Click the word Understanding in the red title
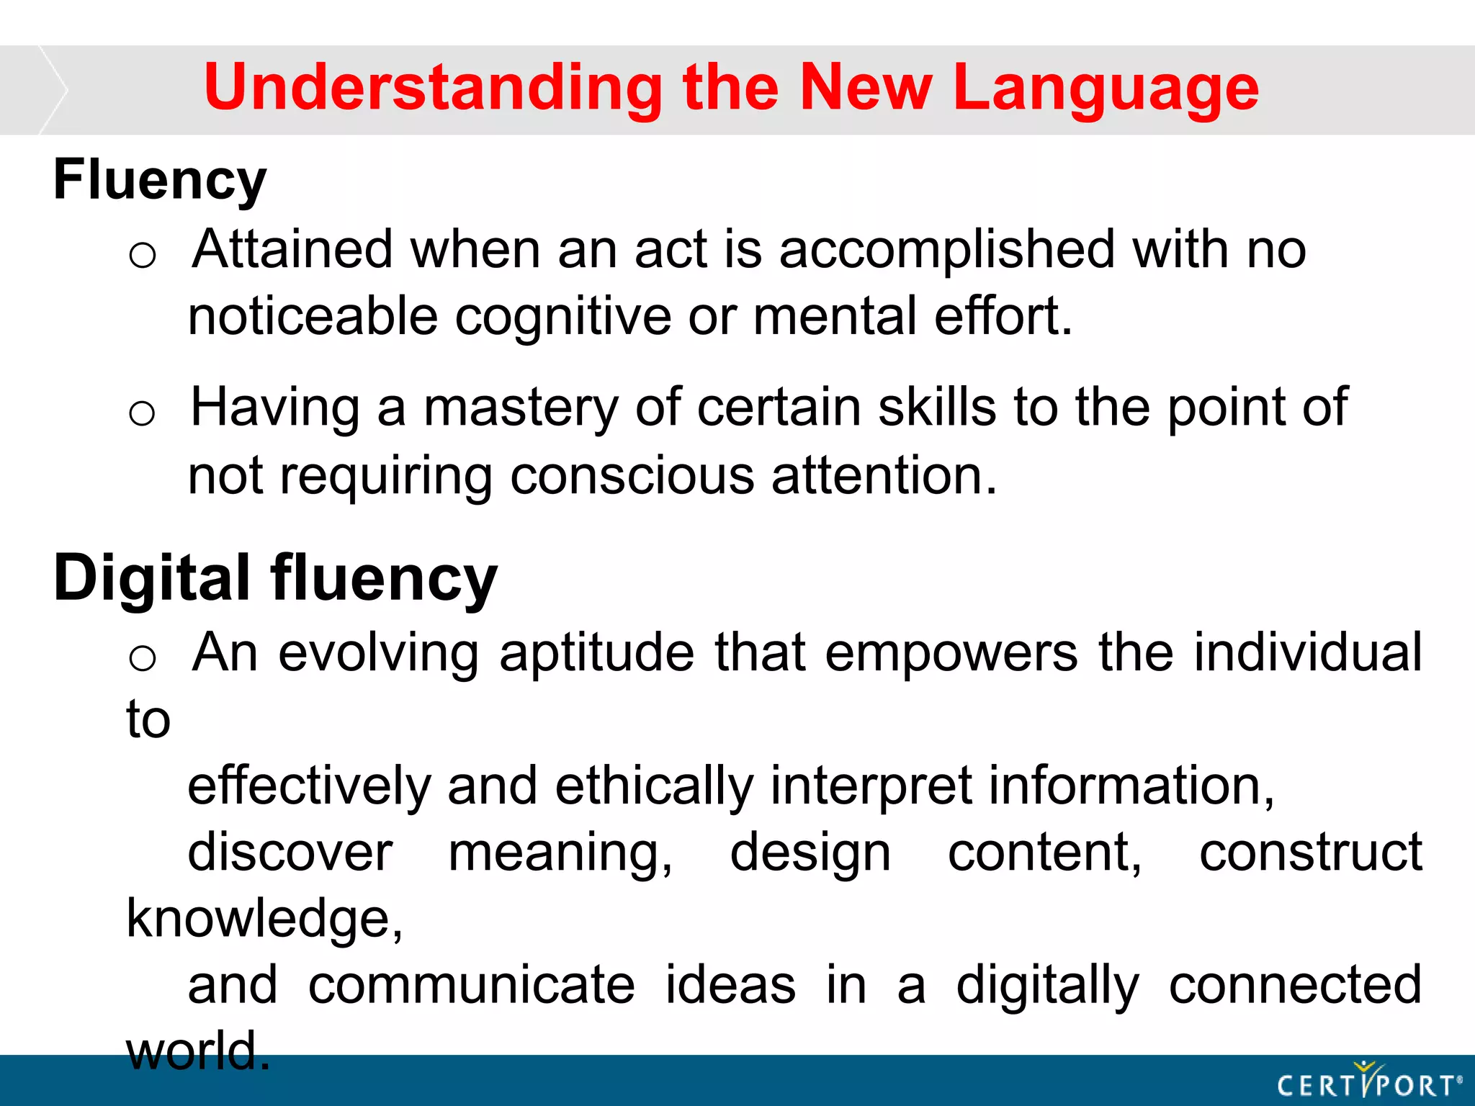(x=433, y=89)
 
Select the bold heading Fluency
(x=160, y=180)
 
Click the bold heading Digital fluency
(x=275, y=578)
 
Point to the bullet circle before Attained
(x=143, y=256)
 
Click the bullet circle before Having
(x=143, y=414)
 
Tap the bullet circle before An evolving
(x=143, y=658)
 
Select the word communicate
(x=472, y=985)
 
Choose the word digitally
(x=1047, y=985)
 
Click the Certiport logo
(x=1368, y=1082)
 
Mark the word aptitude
(x=596, y=652)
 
